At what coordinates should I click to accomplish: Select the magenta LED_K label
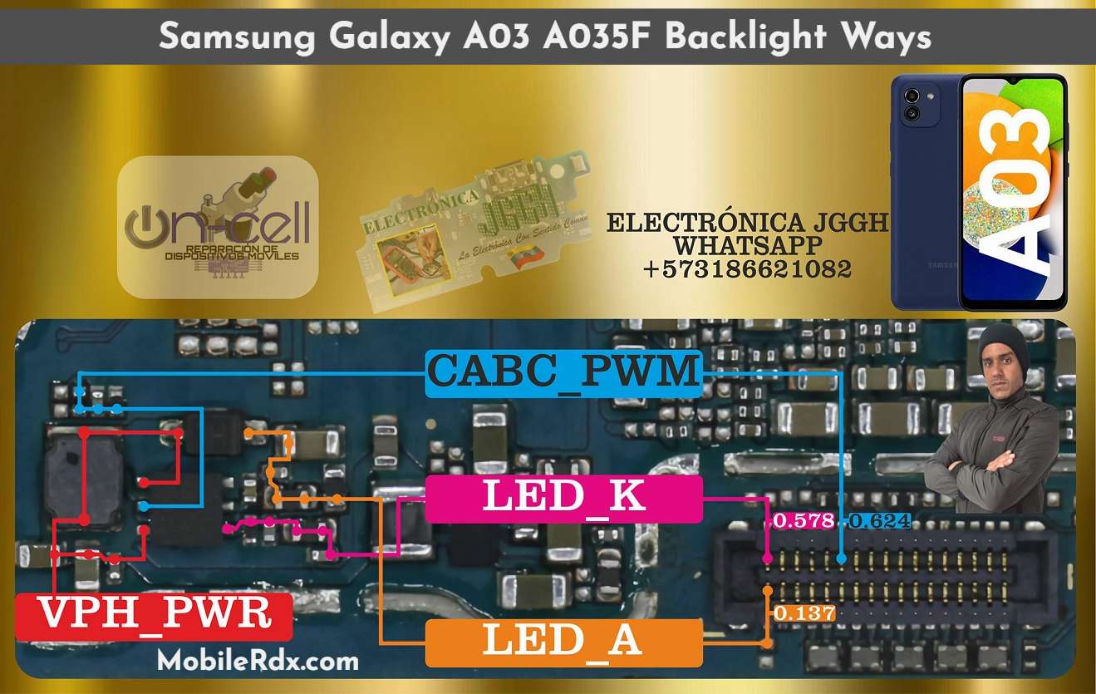coord(563,498)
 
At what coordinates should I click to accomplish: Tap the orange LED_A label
coord(563,642)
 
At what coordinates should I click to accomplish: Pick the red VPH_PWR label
coord(155,615)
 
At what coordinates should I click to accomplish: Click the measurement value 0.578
coord(803,521)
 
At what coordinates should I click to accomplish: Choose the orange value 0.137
coord(804,613)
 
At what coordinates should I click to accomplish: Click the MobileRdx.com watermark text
coord(258,662)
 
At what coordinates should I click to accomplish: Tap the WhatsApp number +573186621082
coord(747,269)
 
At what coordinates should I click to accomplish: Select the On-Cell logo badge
coord(218,226)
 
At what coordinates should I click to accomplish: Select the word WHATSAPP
coord(747,246)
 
